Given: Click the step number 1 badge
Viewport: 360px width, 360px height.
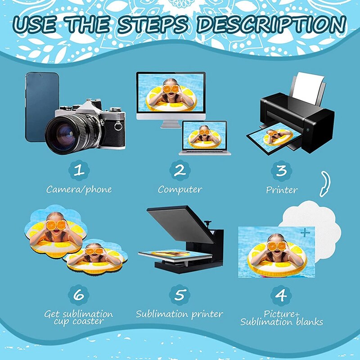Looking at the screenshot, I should [x=79, y=170].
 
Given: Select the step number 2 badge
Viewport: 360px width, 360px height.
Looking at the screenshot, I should [x=180, y=170].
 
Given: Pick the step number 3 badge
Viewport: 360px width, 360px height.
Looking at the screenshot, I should [x=281, y=170].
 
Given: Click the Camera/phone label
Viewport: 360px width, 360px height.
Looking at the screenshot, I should [x=79, y=189].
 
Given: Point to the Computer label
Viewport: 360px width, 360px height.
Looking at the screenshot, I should [x=180, y=189].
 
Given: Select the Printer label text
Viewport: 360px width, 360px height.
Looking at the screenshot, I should [x=282, y=189].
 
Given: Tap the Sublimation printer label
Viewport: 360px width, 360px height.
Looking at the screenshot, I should [x=180, y=314].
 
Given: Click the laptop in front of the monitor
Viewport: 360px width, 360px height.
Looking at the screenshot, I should [x=204, y=137].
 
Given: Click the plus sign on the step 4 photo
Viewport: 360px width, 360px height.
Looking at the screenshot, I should [x=305, y=233].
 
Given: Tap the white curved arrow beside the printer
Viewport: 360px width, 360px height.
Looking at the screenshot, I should [x=324, y=184].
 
